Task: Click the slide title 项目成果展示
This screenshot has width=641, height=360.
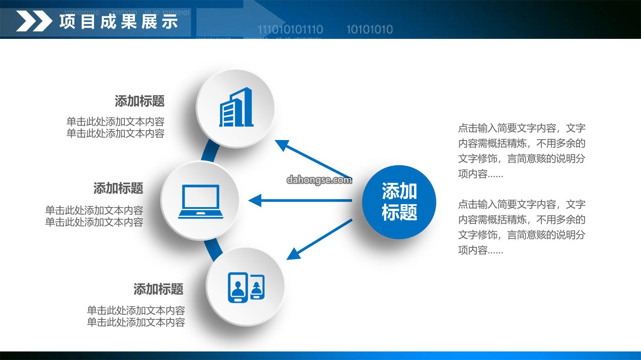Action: point(119,22)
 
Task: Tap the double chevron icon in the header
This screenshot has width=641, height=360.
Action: point(34,21)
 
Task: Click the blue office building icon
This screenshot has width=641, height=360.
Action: point(236,107)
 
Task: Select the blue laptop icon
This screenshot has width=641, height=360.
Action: point(200,202)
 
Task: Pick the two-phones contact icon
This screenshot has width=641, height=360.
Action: point(246,287)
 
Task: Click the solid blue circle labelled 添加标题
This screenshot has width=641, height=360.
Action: point(399,202)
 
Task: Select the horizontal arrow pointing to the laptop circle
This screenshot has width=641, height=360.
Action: point(300,200)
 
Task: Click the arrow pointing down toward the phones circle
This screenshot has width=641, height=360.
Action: point(319,240)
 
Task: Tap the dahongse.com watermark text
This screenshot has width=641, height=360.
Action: point(319,180)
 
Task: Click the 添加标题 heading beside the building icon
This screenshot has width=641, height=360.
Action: point(140,101)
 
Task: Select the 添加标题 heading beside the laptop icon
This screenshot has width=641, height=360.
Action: point(118,188)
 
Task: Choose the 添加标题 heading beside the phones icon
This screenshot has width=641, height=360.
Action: point(158,289)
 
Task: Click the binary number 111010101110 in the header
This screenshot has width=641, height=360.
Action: point(291,29)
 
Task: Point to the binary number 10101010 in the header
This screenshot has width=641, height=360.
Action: point(370,29)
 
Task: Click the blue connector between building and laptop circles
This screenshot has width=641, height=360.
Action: point(210,151)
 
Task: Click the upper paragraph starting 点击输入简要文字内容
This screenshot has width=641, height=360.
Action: point(522,151)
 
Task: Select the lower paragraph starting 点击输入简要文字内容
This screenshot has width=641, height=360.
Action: point(522,227)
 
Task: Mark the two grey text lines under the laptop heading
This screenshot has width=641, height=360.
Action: point(94,216)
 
